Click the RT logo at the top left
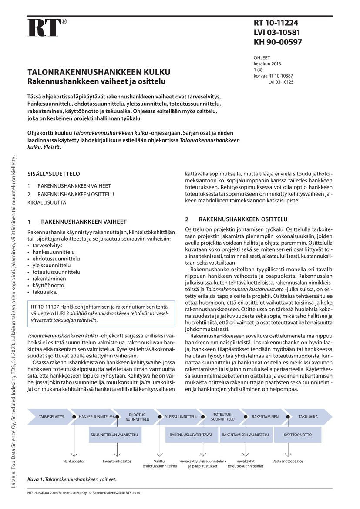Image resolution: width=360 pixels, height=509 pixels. pos(44,28)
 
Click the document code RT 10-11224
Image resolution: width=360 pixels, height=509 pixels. pos(276,23)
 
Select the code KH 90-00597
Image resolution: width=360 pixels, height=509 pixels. pos(278,42)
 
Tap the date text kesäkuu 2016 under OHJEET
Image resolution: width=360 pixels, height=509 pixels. pos(267,64)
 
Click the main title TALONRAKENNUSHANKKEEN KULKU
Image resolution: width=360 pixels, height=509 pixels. pos(99,72)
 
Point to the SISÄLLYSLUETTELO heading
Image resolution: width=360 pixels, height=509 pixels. pos(54,173)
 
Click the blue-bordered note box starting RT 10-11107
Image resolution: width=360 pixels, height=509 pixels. pos(101,313)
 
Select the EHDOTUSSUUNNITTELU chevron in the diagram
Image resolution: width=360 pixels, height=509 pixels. pos(138,417)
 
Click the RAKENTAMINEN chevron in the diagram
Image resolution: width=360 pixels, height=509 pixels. pos(265,417)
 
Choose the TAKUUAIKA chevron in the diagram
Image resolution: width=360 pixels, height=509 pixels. pos(308,417)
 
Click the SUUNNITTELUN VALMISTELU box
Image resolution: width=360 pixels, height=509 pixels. pos(114,435)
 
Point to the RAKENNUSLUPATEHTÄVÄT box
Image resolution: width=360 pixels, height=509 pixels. pos(191,435)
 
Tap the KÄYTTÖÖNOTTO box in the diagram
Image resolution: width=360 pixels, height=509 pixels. pos(297,435)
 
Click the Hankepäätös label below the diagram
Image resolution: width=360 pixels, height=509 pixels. pos(74,461)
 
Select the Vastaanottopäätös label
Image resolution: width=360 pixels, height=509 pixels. pos(288,461)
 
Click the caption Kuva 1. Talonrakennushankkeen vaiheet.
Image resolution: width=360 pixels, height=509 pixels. pos(72,479)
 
